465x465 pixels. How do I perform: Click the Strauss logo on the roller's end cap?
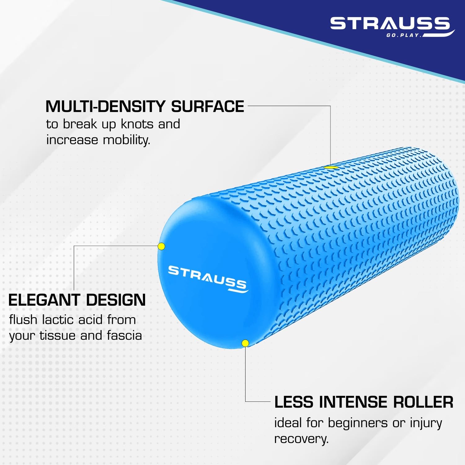[208, 279]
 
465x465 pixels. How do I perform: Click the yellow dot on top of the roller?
[331, 167]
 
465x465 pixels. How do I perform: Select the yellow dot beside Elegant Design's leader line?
[161, 246]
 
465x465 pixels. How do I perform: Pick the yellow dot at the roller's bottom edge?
[245, 343]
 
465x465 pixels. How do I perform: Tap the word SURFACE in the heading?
[208, 107]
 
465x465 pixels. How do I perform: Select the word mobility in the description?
[126, 140]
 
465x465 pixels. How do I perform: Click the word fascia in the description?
[124, 335]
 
